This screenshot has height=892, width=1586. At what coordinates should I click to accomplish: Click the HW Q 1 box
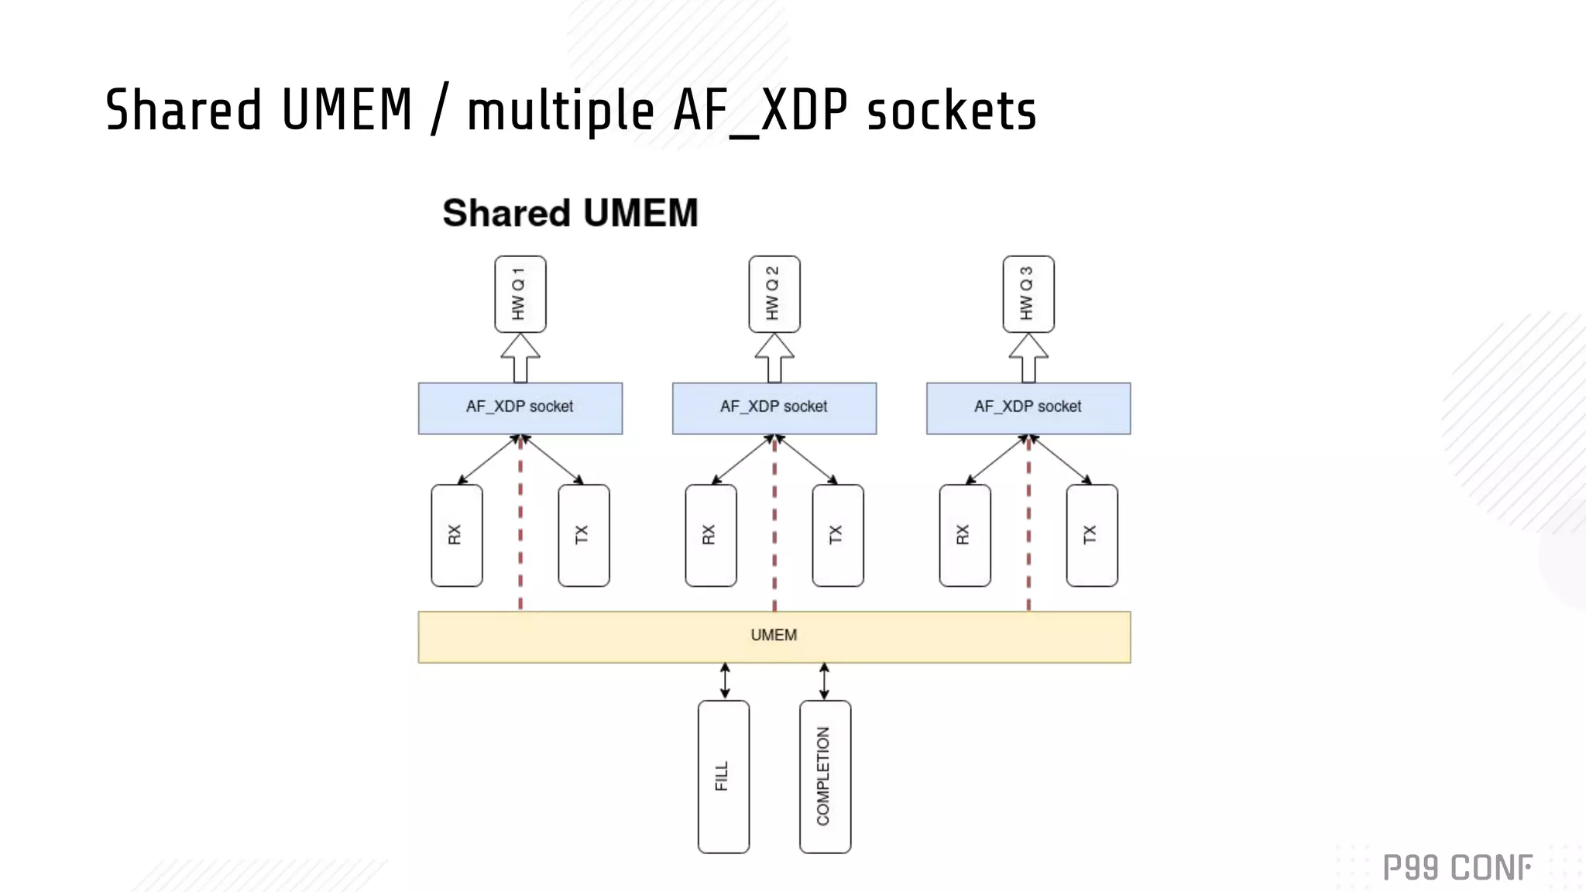[x=520, y=294]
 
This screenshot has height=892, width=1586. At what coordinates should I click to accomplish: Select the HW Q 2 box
[x=774, y=294]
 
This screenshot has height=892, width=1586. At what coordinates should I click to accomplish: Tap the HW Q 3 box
[x=1028, y=294]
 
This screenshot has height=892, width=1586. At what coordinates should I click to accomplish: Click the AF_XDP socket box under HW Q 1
[x=520, y=408]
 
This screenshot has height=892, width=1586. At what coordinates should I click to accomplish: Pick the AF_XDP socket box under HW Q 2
[x=774, y=408]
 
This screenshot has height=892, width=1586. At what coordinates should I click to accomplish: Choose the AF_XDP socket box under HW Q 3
[x=1028, y=408]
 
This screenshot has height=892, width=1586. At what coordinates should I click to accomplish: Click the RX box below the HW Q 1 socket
[x=456, y=535]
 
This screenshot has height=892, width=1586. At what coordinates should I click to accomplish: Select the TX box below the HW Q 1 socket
[x=583, y=535]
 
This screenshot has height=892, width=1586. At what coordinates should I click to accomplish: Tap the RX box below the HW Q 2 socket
[x=710, y=535]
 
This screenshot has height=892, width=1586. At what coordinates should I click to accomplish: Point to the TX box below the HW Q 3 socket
[x=1091, y=535]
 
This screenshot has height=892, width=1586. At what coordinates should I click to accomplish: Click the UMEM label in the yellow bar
[x=774, y=636]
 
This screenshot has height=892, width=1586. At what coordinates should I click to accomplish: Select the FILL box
[x=723, y=777]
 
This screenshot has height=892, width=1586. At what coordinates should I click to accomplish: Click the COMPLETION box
[x=825, y=777]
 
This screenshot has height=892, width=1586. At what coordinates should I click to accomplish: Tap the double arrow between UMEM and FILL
[x=725, y=681]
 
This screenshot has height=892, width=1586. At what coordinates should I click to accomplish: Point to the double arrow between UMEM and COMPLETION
[x=824, y=681]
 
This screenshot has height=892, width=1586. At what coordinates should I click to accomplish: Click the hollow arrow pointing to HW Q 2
[x=774, y=359]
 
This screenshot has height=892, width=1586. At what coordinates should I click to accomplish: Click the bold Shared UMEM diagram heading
[x=570, y=213]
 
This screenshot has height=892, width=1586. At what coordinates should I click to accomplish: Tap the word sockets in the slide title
[x=951, y=111]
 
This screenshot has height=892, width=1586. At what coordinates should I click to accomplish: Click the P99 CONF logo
[x=1457, y=868]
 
